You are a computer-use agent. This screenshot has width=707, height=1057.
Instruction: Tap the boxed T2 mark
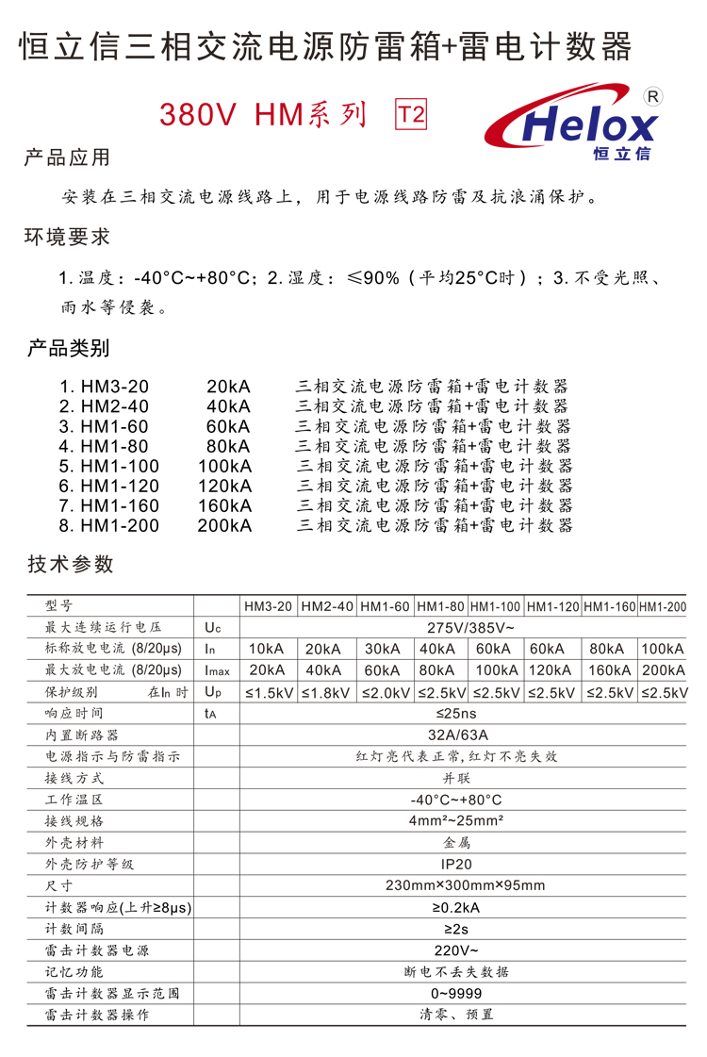411,115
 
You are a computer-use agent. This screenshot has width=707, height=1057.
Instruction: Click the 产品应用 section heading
67,157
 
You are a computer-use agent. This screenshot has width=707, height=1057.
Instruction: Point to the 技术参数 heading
71,564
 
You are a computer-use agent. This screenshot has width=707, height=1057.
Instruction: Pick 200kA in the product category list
224,525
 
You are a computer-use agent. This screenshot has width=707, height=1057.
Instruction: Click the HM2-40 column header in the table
327,606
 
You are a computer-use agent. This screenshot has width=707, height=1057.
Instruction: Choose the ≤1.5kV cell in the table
270,692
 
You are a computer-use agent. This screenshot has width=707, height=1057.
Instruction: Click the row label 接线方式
74,778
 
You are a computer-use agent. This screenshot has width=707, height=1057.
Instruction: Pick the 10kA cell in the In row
268,649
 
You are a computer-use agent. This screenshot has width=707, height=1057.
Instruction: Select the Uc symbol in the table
211,627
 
